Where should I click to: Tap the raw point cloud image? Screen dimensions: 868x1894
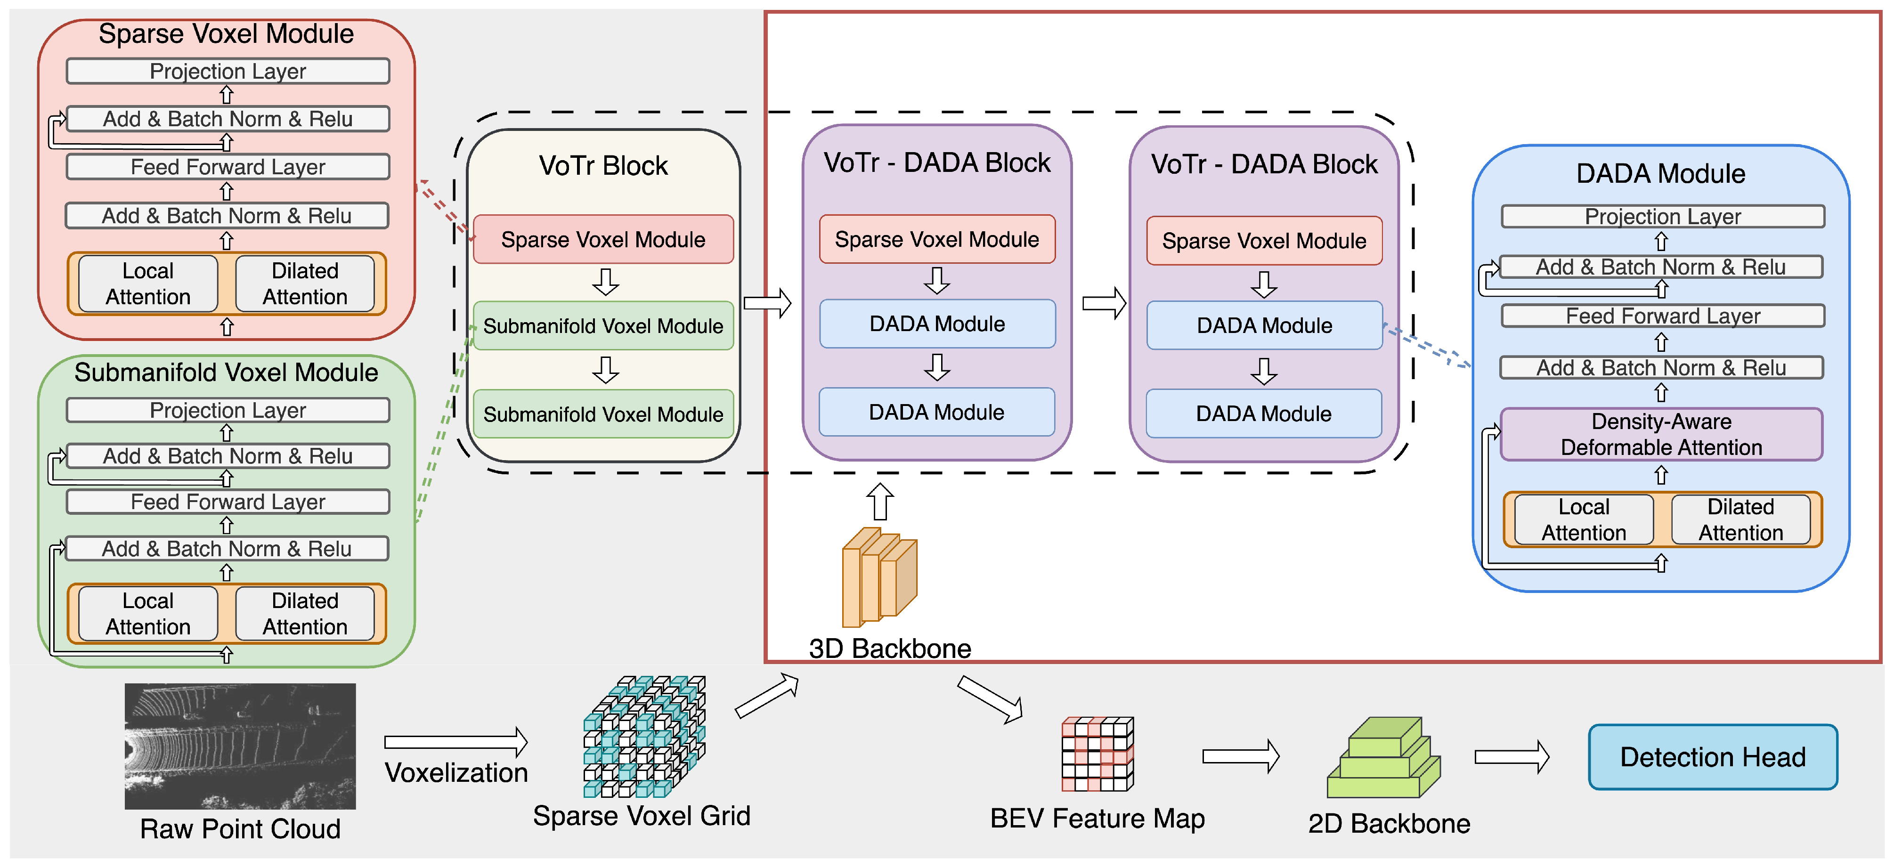(x=240, y=746)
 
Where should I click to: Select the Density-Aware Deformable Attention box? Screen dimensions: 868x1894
(x=1661, y=434)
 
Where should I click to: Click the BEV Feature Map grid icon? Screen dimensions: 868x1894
(x=1097, y=754)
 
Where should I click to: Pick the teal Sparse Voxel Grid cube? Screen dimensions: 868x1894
(x=644, y=737)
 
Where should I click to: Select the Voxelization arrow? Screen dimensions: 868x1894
(x=456, y=742)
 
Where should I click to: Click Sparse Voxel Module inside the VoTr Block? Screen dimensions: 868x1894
(x=603, y=240)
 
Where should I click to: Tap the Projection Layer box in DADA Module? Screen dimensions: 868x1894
(x=1662, y=217)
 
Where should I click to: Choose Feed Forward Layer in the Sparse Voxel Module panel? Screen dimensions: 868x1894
(x=227, y=167)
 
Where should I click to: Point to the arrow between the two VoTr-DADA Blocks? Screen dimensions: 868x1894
(x=1105, y=303)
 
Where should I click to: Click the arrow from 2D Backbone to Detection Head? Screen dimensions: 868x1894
(x=1512, y=757)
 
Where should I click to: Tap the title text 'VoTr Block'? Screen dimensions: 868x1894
(x=603, y=166)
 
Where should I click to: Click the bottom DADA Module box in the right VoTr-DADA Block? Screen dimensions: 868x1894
(x=1263, y=414)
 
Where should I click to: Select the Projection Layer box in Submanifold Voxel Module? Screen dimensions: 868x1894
(x=227, y=410)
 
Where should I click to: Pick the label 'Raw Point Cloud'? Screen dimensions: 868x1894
(x=240, y=829)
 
